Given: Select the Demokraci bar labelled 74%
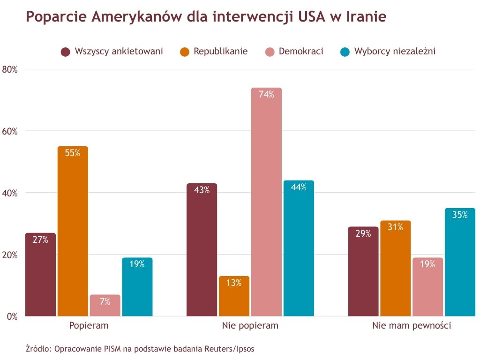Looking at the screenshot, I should [x=266, y=202].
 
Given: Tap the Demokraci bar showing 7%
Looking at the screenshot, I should [x=105, y=305].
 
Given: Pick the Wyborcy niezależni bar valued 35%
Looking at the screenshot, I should [x=460, y=262].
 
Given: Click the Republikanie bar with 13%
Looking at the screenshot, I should [x=234, y=296].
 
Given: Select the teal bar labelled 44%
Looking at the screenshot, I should [x=299, y=248].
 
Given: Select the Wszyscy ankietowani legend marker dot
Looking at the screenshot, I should [x=66, y=52].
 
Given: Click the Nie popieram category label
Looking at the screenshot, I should [x=250, y=325].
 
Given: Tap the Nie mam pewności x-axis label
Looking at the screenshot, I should [x=412, y=325].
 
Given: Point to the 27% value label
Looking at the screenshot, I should [x=40, y=240].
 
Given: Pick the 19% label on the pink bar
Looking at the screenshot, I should [x=427, y=264].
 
